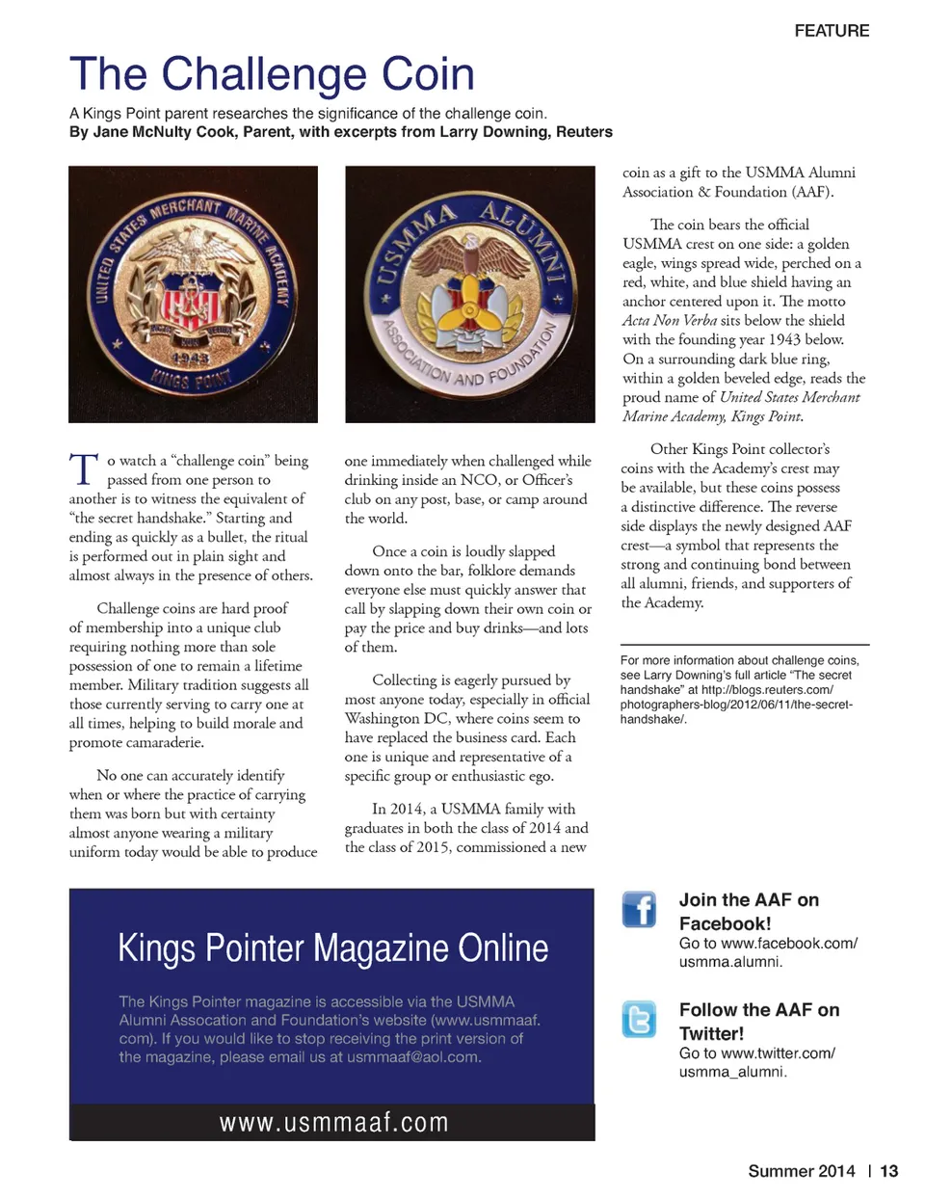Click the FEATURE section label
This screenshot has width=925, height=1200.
(832, 31)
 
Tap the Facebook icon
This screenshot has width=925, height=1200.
(639, 909)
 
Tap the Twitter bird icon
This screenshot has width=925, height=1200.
(639, 1019)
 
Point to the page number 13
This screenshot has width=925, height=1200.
(888, 1171)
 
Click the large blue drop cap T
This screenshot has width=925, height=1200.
(84, 469)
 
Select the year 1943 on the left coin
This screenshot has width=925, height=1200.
(192, 359)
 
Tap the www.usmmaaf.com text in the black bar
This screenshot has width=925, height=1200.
(333, 1123)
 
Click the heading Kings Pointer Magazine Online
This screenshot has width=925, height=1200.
(332, 948)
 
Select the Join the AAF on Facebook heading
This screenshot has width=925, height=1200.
(749, 911)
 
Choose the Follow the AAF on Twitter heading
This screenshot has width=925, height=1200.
(758, 1021)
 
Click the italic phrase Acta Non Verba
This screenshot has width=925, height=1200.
(669, 320)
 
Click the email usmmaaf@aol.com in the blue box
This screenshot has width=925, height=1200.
(413, 1057)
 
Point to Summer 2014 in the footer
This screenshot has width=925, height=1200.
(801, 1171)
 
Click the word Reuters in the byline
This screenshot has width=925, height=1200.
(584, 132)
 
